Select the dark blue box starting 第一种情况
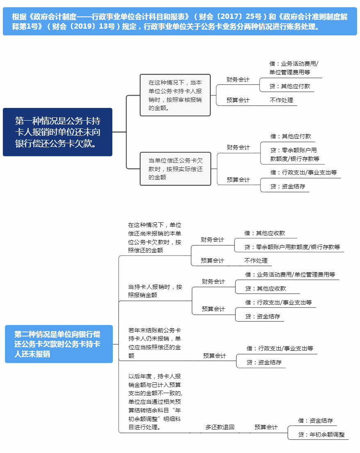coord(57,132)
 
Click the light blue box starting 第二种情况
coord(59,344)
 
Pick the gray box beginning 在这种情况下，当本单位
coord(175,95)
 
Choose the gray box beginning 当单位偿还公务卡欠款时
coord(175,169)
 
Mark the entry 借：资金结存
coord(315,421)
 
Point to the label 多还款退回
coord(220,427)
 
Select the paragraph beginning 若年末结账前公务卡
coord(154,343)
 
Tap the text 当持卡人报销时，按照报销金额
coord(155,291)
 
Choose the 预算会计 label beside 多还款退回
coord(266,427)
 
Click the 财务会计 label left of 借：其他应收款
coord(212,240)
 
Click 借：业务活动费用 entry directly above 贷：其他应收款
coord(290,274)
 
